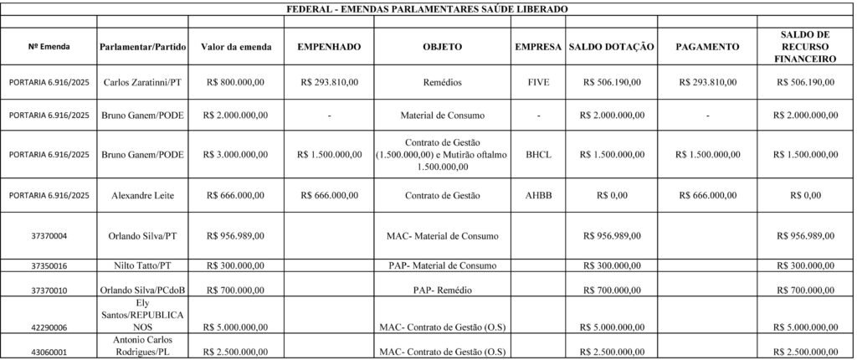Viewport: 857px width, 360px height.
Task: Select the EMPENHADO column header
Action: click(x=329, y=47)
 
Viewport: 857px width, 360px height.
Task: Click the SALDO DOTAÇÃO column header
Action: click(x=611, y=47)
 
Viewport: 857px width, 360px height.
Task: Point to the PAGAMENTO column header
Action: click(x=707, y=47)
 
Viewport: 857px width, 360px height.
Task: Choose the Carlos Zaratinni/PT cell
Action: click(x=141, y=83)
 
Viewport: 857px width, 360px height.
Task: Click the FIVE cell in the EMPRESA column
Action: click(x=539, y=83)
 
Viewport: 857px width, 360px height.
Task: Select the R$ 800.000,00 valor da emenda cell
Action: click(x=235, y=83)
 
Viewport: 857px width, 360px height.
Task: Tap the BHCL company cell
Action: click(x=539, y=155)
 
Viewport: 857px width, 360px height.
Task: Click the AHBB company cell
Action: click(x=539, y=195)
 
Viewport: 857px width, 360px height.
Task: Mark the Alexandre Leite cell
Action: click(x=141, y=195)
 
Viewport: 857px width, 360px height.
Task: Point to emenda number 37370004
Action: click(x=49, y=236)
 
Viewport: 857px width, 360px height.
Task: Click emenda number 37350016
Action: click(x=49, y=266)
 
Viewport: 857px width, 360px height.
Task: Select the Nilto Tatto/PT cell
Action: click(x=141, y=266)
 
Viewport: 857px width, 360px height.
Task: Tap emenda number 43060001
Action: click(x=49, y=350)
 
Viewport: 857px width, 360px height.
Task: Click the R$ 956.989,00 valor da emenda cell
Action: click(x=235, y=236)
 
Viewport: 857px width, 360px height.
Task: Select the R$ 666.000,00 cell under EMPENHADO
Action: click(x=329, y=195)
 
